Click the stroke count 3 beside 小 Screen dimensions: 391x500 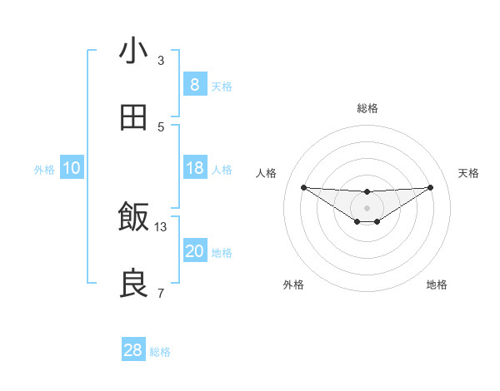(161, 61)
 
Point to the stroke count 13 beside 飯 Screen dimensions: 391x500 (161, 227)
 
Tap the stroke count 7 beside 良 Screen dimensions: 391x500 (161, 294)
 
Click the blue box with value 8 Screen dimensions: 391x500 (194, 85)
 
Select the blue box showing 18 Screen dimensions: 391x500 (194, 168)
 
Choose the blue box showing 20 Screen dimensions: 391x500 (194, 251)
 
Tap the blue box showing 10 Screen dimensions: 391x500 (72, 168)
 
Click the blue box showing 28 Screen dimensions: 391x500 (132, 350)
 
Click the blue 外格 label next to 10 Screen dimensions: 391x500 (44, 170)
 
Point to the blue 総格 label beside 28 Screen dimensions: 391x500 (160, 352)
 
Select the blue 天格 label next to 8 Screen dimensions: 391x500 (222, 87)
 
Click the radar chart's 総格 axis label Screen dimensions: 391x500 (367, 108)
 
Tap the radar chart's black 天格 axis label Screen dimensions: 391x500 (469, 173)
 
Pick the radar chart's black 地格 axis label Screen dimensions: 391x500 (437, 285)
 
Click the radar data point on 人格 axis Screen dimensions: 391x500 (303, 187)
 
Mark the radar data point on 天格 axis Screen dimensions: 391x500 (430, 187)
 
